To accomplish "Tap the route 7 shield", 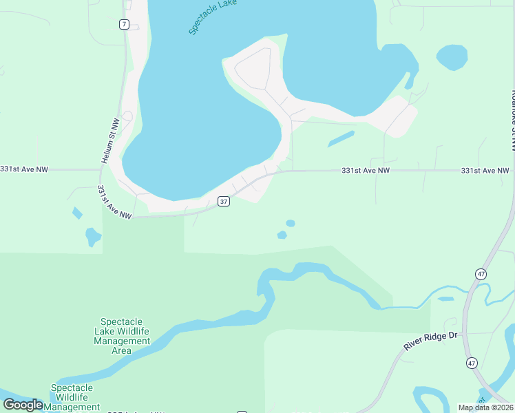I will coord(124,24).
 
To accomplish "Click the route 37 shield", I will coord(223,202).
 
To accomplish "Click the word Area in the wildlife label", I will coord(122,350).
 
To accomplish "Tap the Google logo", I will coord(23,405).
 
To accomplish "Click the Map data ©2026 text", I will coord(485,407).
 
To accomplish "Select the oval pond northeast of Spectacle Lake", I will coord(452,57).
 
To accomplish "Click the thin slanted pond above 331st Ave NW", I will coord(341,139).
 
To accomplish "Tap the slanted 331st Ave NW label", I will coord(114,202).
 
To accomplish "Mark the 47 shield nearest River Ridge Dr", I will coord(471,362).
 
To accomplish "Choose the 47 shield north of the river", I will coord(480,274).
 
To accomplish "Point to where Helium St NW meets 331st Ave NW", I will coord(102,169).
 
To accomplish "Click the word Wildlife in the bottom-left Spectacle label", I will coord(76,398).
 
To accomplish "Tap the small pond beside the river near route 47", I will coord(445,299).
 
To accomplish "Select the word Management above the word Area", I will coord(122,341).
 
